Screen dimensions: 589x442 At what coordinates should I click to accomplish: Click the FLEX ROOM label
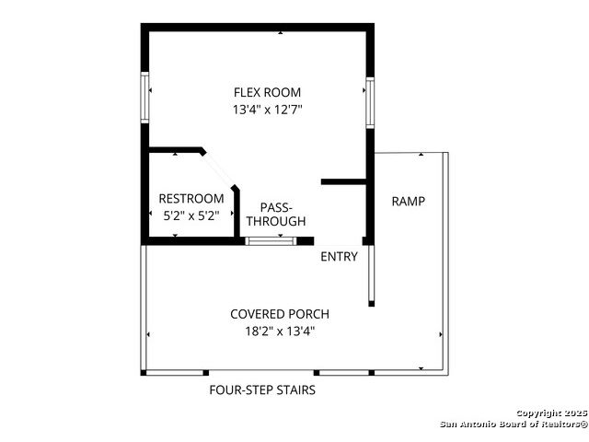tap(267, 92)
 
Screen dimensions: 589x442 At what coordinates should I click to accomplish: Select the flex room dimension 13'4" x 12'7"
tap(268, 110)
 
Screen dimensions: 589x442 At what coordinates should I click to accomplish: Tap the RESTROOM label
tap(191, 199)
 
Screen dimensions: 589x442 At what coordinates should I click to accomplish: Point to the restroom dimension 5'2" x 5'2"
tap(191, 215)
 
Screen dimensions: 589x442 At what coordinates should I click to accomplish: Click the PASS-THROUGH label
tap(276, 215)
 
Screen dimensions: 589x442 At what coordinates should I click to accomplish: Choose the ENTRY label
tap(339, 257)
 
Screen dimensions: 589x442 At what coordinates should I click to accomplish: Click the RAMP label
tap(409, 202)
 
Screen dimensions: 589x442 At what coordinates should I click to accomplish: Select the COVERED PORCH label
tap(280, 314)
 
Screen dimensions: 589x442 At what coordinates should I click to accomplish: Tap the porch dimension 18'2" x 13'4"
tap(280, 331)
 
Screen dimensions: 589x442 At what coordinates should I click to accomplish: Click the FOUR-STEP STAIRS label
tap(262, 390)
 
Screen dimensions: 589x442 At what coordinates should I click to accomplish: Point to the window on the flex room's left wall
tap(144, 98)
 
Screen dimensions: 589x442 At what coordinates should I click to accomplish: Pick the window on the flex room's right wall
tap(370, 102)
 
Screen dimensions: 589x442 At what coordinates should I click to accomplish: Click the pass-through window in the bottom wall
tap(271, 241)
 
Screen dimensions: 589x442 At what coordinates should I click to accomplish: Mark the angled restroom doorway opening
tap(219, 169)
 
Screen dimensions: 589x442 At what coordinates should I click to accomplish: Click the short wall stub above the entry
tap(343, 182)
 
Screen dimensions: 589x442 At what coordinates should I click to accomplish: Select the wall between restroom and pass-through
tap(237, 213)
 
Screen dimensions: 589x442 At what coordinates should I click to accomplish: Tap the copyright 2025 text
tap(552, 413)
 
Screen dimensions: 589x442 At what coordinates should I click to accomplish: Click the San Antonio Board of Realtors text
tap(514, 425)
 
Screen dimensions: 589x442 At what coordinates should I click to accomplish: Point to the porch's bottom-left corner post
tap(144, 373)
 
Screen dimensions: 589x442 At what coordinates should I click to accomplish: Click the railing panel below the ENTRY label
tap(371, 273)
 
